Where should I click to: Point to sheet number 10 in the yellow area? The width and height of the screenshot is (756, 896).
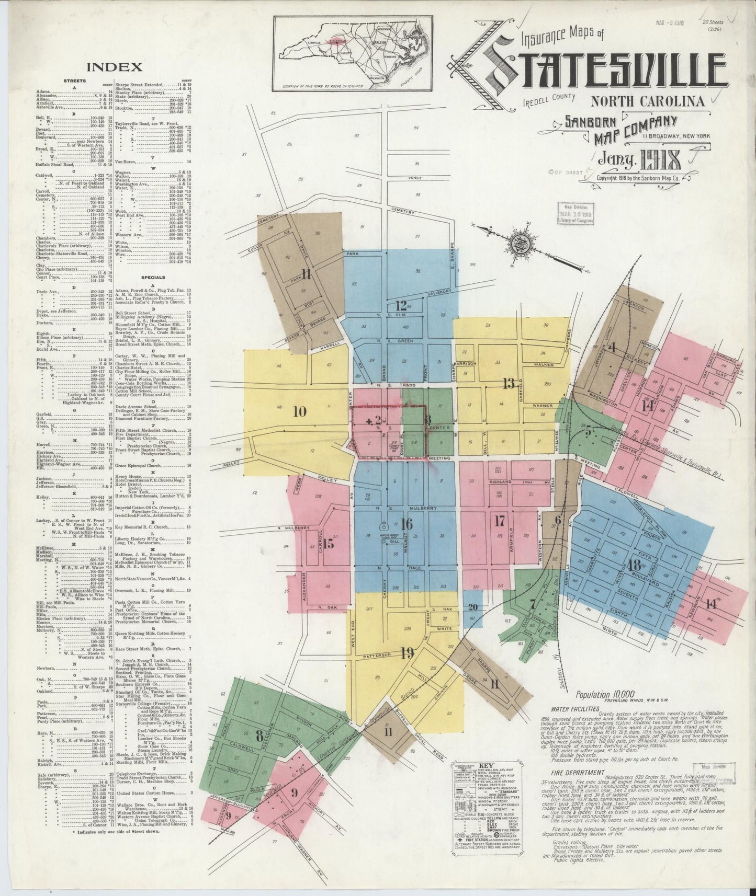click(x=300, y=411)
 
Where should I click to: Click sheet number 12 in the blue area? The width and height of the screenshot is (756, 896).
click(x=401, y=305)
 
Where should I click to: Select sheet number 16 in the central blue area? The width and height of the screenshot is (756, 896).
click(x=406, y=523)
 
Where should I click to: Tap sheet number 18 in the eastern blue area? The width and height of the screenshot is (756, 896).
click(x=634, y=565)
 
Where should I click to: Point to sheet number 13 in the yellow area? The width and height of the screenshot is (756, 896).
click(x=509, y=384)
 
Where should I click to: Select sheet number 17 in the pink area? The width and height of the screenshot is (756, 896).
click(x=500, y=520)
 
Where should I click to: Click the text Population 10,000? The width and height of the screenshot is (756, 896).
click(x=601, y=695)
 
